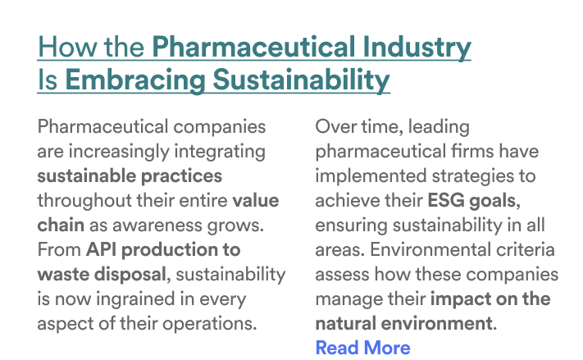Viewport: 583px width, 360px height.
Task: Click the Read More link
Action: (x=362, y=348)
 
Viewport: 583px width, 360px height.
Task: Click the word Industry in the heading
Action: (x=417, y=48)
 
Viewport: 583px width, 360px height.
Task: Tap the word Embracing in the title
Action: (x=135, y=81)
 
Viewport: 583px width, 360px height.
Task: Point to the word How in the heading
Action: (x=68, y=47)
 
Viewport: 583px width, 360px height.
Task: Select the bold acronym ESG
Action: (x=446, y=200)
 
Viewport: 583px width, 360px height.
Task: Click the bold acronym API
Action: (x=101, y=249)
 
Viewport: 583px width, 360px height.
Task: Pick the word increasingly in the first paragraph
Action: (x=119, y=152)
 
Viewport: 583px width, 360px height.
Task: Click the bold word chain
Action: (x=61, y=225)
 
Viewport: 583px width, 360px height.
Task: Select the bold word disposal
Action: (x=130, y=275)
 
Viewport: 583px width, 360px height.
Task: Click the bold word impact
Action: (x=455, y=299)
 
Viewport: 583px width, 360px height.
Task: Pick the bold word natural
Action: (x=345, y=323)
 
